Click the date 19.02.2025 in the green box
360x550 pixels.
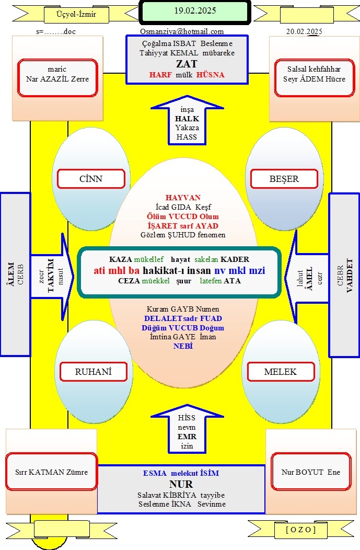click(x=195, y=10)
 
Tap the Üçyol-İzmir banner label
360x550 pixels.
click(x=76, y=15)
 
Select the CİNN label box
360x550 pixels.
click(x=91, y=179)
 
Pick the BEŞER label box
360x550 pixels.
click(x=284, y=179)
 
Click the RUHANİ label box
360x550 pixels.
click(x=93, y=372)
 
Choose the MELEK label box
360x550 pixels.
click(x=281, y=372)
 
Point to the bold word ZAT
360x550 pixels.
click(x=187, y=64)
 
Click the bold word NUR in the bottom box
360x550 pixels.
click(x=181, y=484)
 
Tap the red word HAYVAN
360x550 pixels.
click(x=183, y=198)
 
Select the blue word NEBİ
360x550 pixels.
click(x=183, y=346)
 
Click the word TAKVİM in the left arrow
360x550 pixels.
click(x=51, y=276)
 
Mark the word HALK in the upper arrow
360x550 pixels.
click(x=187, y=119)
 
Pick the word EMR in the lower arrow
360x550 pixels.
click(x=187, y=437)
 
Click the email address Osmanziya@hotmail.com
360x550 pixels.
click(x=182, y=31)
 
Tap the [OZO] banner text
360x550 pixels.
click(x=301, y=530)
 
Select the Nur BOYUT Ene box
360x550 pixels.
click(x=311, y=472)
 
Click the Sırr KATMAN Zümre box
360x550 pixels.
click(x=52, y=472)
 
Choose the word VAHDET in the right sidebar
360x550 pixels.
click(x=350, y=276)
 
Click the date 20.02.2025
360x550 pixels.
click(x=304, y=31)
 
